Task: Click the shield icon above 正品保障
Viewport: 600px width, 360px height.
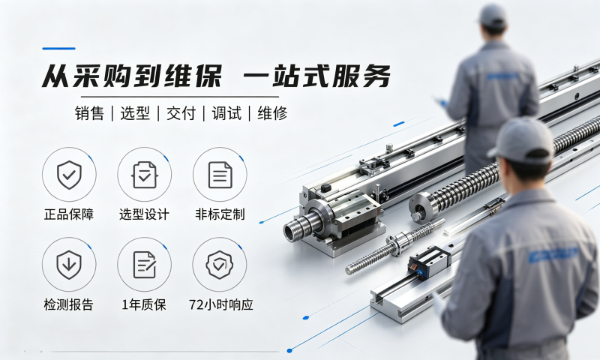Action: [x=69, y=175]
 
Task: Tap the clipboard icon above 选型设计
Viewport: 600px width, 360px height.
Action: [x=144, y=175]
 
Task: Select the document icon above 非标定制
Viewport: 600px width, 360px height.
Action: [x=220, y=175]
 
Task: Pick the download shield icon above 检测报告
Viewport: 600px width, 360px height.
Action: [x=69, y=265]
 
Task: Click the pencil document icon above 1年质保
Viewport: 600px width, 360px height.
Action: [x=144, y=265]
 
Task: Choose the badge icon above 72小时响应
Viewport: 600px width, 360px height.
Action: [x=220, y=265]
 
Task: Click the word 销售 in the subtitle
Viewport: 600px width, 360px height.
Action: [x=89, y=113]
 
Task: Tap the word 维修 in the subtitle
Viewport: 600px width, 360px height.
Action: [x=272, y=113]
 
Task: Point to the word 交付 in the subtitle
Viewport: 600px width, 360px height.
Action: [x=181, y=113]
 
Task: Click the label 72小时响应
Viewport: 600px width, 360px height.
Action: [x=220, y=305]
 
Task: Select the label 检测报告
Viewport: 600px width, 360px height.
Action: [x=69, y=305]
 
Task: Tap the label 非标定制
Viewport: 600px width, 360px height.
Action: [x=220, y=214]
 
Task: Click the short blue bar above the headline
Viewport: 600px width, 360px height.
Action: [x=59, y=49]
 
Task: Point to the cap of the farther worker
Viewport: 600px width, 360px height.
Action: [x=493, y=14]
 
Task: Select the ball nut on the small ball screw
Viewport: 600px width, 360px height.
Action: [x=400, y=241]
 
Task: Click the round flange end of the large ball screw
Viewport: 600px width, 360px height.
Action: [x=423, y=207]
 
